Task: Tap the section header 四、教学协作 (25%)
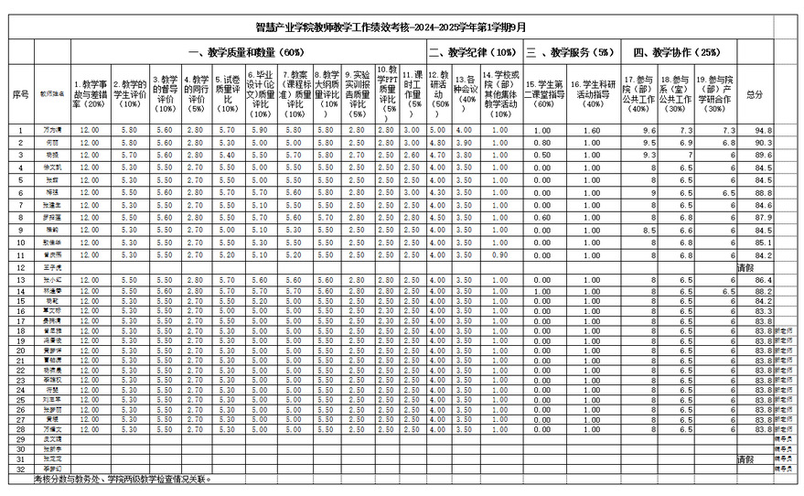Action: pos(677,53)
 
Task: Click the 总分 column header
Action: pos(755,94)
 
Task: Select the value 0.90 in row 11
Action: pos(499,254)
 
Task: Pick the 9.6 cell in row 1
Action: pos(649,131)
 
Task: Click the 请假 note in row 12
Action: pos(746,266)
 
